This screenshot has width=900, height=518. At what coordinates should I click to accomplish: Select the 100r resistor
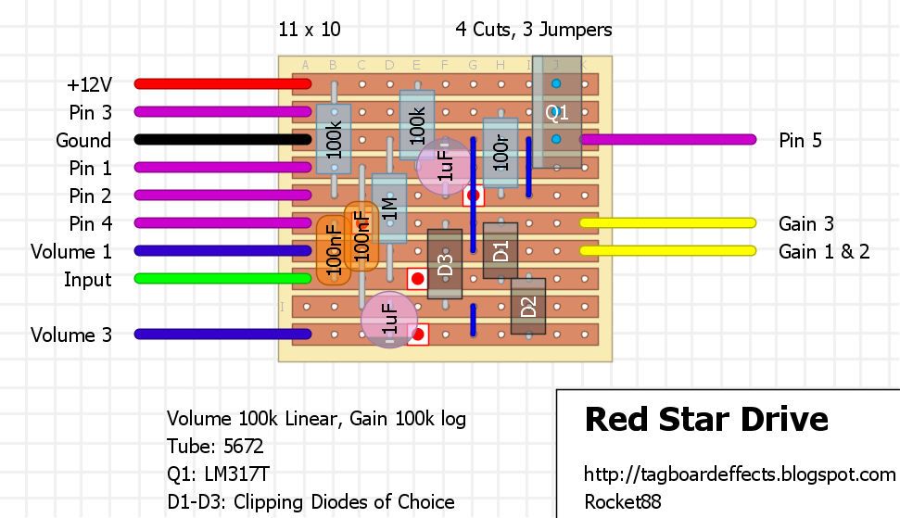pos(501,152)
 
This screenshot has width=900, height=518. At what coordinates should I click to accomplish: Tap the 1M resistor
pos(389,208)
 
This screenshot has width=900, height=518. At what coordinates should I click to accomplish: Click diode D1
pos(501,250)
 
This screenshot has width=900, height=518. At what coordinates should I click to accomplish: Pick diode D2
pos(528,306)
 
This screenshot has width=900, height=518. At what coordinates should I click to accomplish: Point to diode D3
pos(445,264)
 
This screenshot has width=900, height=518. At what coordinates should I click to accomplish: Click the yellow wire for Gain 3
pos(667,223)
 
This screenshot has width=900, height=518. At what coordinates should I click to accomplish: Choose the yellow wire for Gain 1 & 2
pos(667,251)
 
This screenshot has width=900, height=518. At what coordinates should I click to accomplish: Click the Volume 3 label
pos(71,335)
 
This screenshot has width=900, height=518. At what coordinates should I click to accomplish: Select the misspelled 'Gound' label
pos(83,141)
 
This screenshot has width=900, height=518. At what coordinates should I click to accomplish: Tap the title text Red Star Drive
pos(706,420)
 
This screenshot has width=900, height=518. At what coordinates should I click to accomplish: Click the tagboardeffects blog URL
pos(739,474)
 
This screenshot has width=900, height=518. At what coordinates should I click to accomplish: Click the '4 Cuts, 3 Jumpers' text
pos(534,30)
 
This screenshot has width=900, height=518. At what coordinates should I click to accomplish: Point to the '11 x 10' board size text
pos(310,30)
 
